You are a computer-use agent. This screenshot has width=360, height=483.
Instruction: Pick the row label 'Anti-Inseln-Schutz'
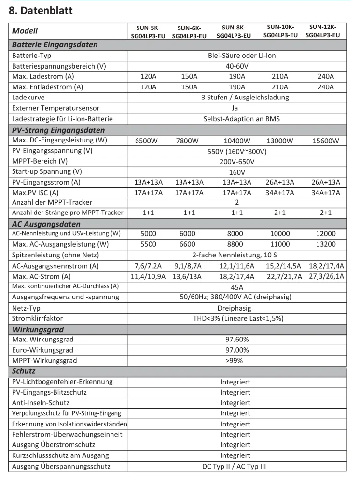coord(41,402)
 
